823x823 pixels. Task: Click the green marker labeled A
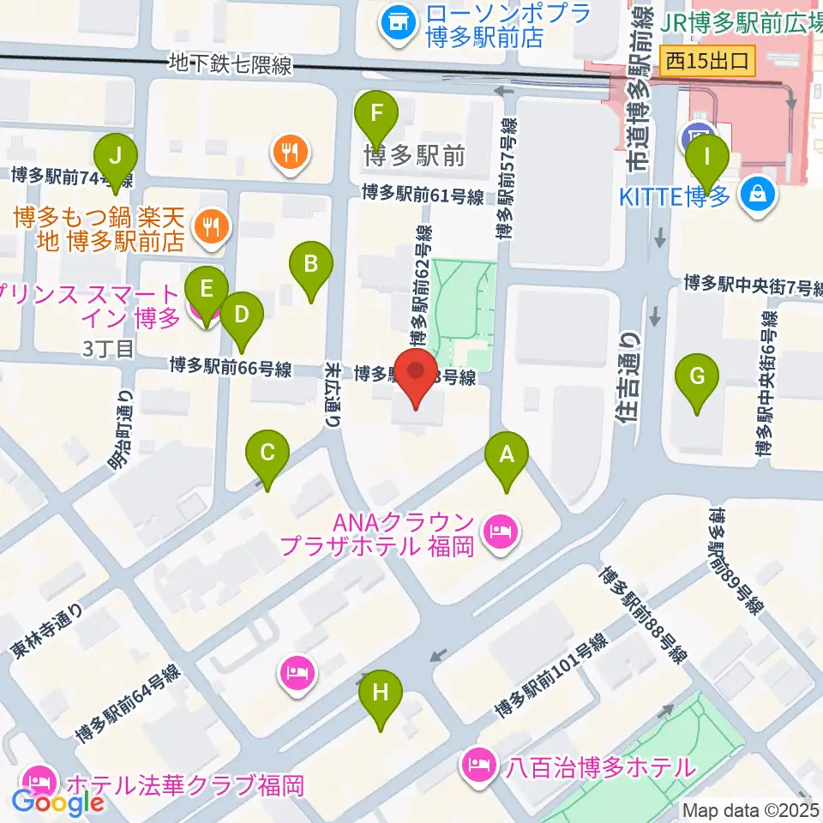pyautogui.click(x=507, y=454)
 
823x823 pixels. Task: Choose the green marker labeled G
pyautogui.click(x=698, y=376)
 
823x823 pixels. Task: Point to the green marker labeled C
pyautogui.click(x=267, y=453)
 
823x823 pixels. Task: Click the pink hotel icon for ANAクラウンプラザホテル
pyautogui.click(x=499, y=532)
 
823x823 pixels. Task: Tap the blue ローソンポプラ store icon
pyautogui.click(x=396, y=22)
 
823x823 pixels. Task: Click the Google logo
pyautogui.click(x=57, y=803)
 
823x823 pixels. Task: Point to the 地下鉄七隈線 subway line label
pyautogui.click(x=231, y=64)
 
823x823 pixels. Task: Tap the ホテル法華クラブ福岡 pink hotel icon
pyautogui.click(x=39, y=780)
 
